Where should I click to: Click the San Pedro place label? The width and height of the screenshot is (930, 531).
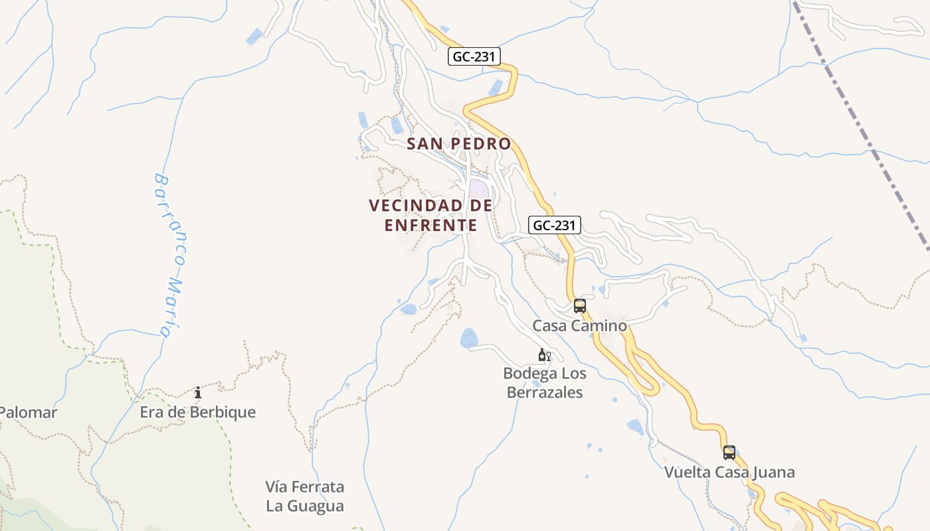point(458,143)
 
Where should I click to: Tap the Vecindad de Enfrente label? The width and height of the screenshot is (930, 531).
point(431,215)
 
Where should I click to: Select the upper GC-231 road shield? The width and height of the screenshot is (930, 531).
point(474,56)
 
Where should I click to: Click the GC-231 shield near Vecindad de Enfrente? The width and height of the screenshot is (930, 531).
point(555,225)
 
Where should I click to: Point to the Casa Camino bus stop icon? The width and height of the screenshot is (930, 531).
point(580,306)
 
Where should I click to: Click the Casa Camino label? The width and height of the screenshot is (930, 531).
point(580,326)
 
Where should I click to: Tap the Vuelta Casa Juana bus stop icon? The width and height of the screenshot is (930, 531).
point(729,453)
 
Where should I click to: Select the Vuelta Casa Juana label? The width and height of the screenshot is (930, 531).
point(729,473)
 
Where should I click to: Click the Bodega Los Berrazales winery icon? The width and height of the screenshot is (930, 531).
point(544,355)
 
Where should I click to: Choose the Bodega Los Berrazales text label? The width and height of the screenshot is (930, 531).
point(545,383)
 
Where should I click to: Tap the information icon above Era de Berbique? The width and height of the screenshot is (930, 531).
point(198,393)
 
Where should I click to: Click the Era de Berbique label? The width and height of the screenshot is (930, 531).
point(197,412)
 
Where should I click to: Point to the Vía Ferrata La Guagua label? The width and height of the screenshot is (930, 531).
point(305,496)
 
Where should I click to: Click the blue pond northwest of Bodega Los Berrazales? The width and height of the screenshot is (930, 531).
point(469,337)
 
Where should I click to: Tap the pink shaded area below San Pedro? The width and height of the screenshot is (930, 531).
point(480,189)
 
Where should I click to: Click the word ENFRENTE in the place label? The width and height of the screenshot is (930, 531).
point(431,226)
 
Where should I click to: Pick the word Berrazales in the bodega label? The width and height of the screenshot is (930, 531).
point(545,392)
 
